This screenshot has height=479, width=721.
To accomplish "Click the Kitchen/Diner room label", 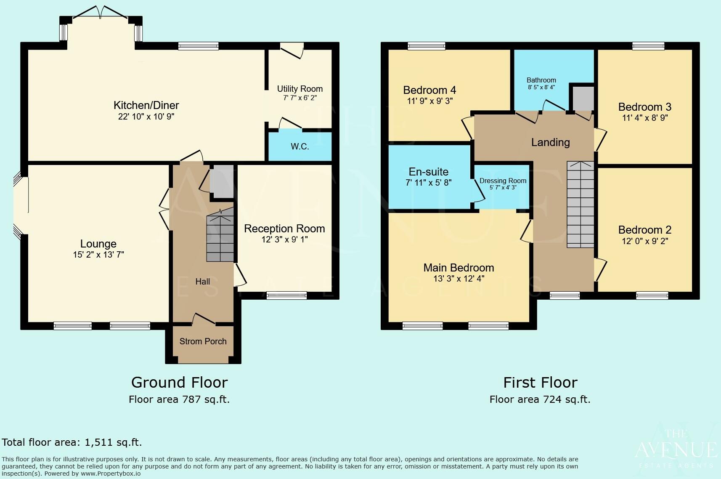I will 146,105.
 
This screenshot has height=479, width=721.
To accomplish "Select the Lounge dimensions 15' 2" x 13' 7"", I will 98,255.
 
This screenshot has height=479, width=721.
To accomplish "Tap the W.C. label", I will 300,146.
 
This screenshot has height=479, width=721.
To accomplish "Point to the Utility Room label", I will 300,89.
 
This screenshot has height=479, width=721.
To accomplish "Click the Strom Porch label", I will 203,341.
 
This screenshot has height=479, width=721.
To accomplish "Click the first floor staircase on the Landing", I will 580,205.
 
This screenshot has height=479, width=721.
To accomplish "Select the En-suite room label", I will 428,172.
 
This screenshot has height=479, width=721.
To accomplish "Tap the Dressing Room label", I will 503,181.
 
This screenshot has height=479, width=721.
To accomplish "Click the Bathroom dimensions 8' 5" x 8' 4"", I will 541,88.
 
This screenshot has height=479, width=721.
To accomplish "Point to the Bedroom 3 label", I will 644,107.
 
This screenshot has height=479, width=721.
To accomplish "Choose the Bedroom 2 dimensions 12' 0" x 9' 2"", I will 644,241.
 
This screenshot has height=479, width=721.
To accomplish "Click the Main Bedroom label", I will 459,268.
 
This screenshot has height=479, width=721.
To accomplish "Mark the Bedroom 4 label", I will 429,90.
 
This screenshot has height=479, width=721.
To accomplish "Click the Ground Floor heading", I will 179,382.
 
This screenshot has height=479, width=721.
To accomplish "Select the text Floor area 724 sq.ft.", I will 540,399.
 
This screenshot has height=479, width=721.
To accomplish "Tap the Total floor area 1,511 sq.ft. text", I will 72,442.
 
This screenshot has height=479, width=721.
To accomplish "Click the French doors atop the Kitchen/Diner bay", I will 100,13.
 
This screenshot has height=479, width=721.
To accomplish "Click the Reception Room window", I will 286,296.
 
